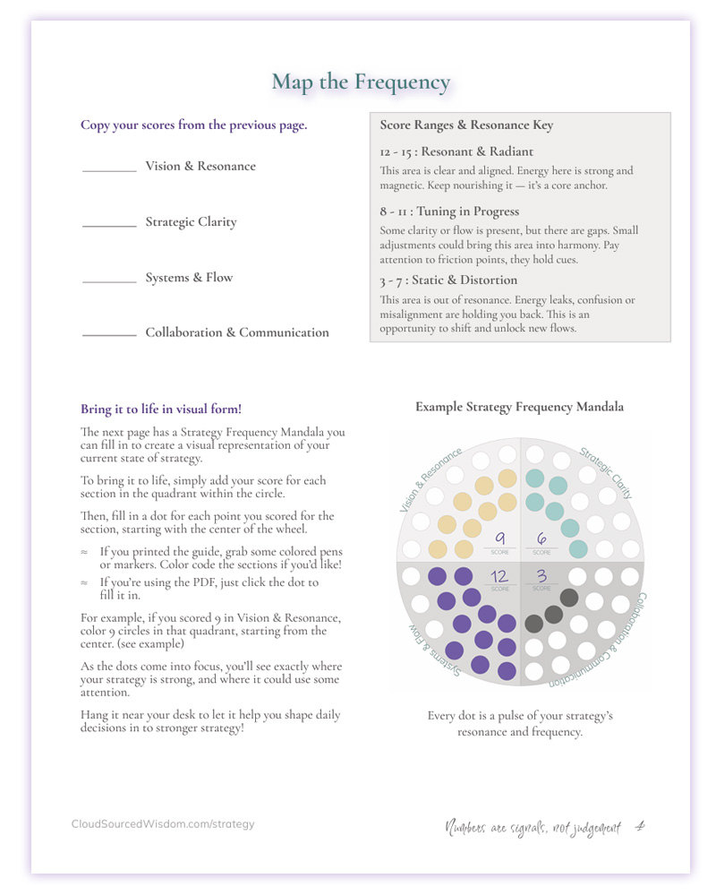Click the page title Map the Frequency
click(361, 82)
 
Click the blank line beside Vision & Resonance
click(109, 170)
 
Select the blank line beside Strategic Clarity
click(109, 226)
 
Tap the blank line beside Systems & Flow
click(109, 281)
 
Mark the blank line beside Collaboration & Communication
click(109, 336)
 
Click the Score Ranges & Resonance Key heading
click(466, 125)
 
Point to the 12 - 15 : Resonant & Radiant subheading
click(456, 152)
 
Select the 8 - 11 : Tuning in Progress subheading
click(449, 211)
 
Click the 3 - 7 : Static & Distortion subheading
click(448, 280)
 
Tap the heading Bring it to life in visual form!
click(161, 409)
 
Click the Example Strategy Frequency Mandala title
click(519, 407)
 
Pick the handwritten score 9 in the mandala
click(500, 539)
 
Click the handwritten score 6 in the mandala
click(541, 539)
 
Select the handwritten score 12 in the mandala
click(499, 577)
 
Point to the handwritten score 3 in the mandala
click(541, 577)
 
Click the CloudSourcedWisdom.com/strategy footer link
click(163, 824)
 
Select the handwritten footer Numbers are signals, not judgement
click(533, 828)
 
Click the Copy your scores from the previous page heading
click(193, 125)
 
